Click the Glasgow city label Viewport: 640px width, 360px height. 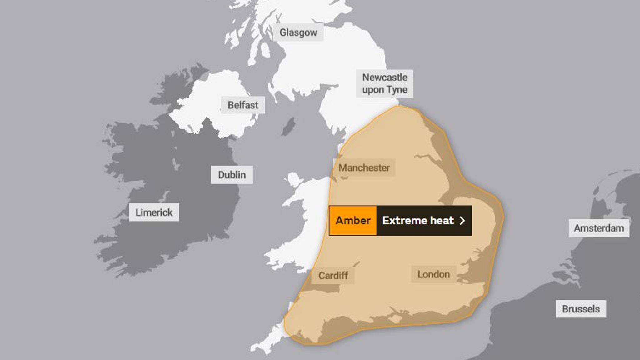[298, 32]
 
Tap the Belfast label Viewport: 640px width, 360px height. [243, 105]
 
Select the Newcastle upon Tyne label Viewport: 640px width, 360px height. [385, 83]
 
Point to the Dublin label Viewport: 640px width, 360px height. [232, 175]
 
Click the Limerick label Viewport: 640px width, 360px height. [154, 212]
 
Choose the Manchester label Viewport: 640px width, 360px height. [364, 168]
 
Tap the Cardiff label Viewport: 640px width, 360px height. [333, 276]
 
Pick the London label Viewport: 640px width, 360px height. [433, 274]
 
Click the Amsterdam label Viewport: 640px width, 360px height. [599, 228]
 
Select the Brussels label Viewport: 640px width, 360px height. [581, 309]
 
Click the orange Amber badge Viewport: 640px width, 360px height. [353, 221]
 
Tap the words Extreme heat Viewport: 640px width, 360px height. [418, 221]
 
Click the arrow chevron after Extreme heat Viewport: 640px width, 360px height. [462, 221]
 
